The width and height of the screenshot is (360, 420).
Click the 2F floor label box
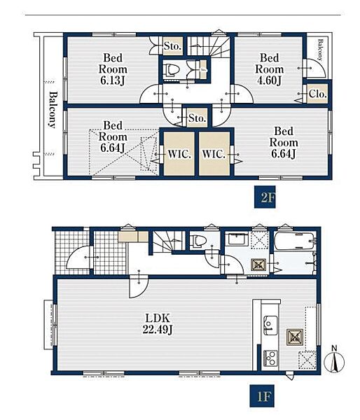[x=265, y=197]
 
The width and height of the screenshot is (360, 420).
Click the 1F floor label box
[x=262, y=396]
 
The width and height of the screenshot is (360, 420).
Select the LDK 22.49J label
[x=158, y=324]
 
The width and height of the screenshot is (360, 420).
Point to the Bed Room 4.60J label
[x=270, y=69]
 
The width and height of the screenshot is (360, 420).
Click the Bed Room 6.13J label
[x=113, y=69]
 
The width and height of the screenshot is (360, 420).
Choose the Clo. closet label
[x=318, y=94]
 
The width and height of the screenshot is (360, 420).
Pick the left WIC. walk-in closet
[x=179, y=154]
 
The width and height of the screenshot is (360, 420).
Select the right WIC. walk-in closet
[x=214, y=154]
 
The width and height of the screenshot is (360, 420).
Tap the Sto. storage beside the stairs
[x=172, y=46]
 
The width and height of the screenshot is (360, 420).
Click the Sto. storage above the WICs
[x=197, y=118]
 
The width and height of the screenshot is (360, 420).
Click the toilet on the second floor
[x=172, y=70]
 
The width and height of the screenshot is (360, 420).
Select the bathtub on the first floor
[x=295, y=241]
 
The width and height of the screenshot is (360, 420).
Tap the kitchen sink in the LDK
[x=271, y=325]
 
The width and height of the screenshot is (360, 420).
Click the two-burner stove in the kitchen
[x=270, y=358]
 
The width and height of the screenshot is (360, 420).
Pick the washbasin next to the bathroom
[x=237, y=239]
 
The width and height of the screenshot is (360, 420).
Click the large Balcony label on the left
[x=53, y=110]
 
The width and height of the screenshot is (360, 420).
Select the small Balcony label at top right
[x=320, y=50]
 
